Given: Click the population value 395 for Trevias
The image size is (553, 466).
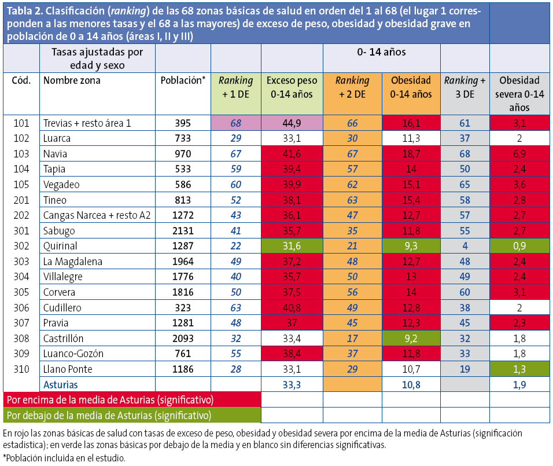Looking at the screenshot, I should click(183, 123).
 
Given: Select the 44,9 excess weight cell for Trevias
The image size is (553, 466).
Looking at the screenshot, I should click(291, 123).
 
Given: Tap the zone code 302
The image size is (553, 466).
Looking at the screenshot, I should click(21, 246).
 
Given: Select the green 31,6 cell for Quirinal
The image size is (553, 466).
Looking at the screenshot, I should click(291, 246).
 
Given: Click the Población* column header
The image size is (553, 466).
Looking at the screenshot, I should click(183, 81).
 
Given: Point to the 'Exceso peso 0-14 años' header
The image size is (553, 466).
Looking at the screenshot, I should click(291, 87).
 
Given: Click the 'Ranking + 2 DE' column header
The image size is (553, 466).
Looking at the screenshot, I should click(352, 87).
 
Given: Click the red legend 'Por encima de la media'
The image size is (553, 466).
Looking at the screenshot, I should click(109, 400).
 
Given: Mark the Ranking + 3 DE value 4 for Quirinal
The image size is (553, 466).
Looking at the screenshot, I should click(464, 246).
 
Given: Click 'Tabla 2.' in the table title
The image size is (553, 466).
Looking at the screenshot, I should click(25, 11).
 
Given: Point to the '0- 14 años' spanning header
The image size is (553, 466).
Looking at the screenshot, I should click(381, 52).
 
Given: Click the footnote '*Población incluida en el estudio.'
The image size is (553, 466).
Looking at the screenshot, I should click(64, 458).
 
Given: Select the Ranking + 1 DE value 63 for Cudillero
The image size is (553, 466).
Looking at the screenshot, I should click(235, 307).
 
